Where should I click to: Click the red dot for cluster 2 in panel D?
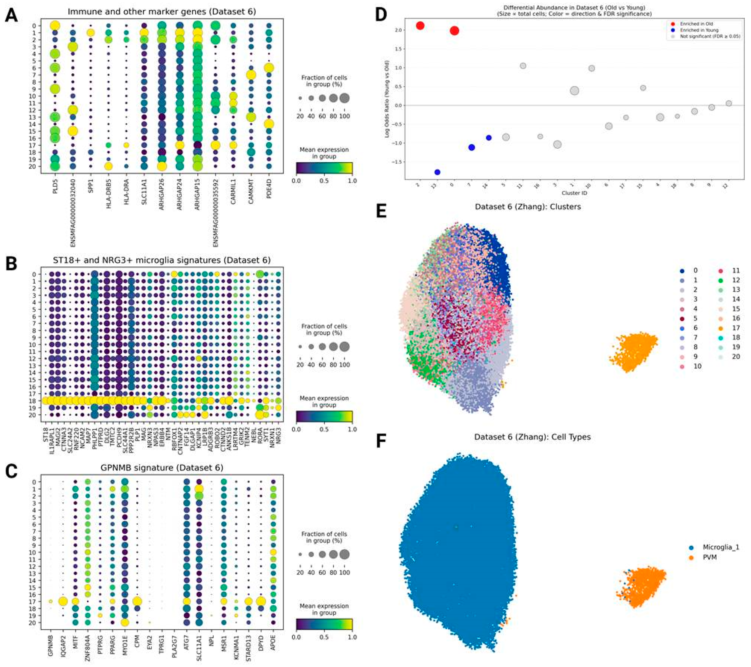point(420,26)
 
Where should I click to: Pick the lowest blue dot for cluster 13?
point(437,172)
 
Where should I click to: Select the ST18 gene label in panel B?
point(45,428)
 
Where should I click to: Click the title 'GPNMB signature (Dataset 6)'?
point(162,468)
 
